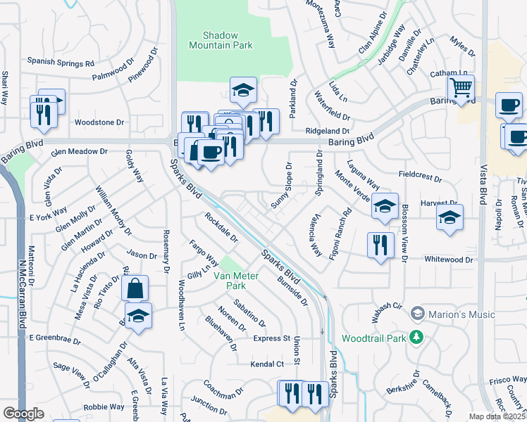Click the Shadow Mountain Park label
click(x=221, y=39)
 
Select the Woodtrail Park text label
click(x=373, y=338)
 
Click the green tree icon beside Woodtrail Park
click(x=417, y=338)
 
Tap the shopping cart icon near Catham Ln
click(x=461, y=89)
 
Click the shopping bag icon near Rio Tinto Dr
click(x=135, y=288)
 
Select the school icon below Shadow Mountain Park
click(x=243, y=90)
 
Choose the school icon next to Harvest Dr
click(x=449, y=218)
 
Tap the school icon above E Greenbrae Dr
click(x=139, y=316)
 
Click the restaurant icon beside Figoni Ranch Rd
click(x=380, y=245)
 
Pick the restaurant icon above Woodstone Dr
click(x=44, y=111)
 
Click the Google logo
click(x=23, y=414)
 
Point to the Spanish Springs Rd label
click(x=61, y=63)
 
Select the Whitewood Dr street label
click(x=449, y=260)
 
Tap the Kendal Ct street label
click(x=267, y=364)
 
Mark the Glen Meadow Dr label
click(x=78, y=151)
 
